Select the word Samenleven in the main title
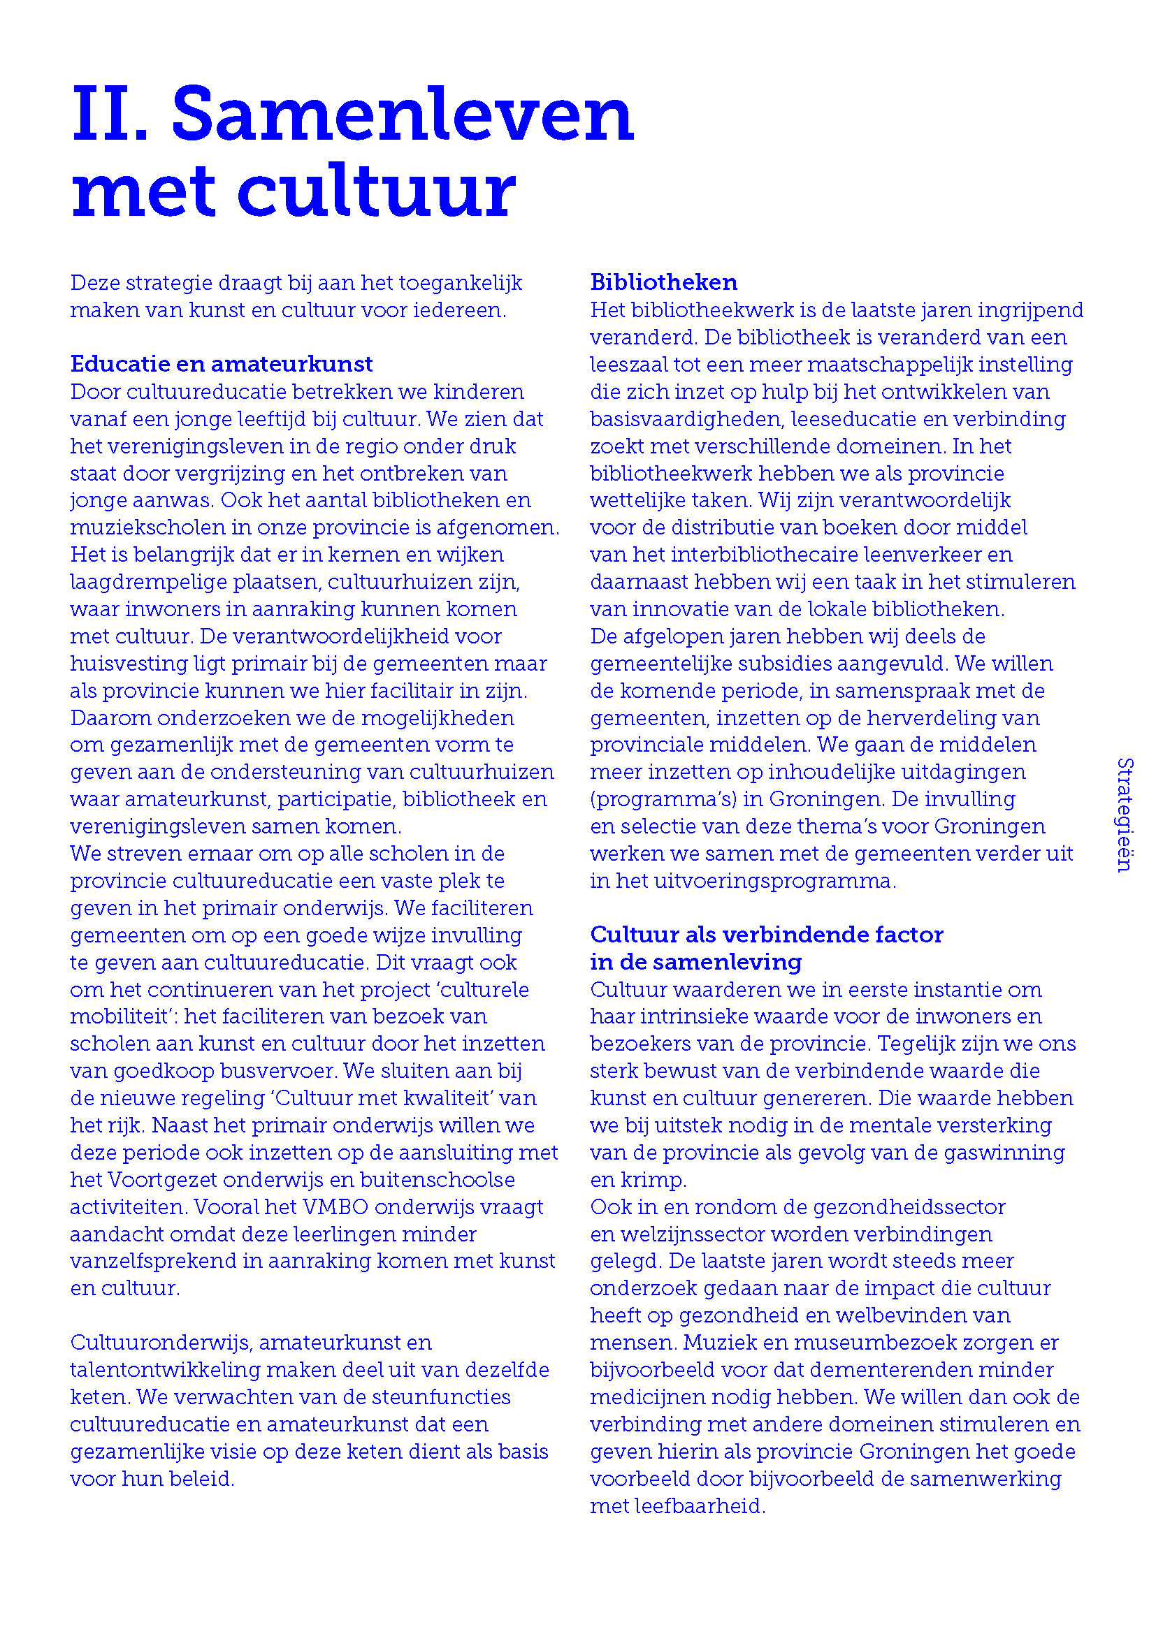pos(402,115)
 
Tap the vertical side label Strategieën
pos(1125,815)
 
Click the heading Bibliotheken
pos(663,282)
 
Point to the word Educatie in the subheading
pos(119,365)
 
